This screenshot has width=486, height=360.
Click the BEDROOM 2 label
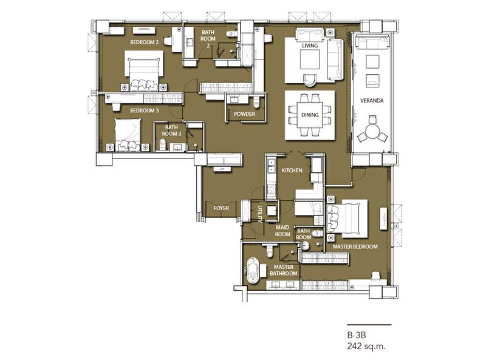click(145, 42)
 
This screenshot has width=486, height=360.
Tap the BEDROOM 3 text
click(145, 110)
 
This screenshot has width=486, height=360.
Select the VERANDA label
click(372, 100)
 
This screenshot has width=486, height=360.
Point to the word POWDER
click(245, 114)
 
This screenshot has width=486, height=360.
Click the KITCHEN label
click(292, 171)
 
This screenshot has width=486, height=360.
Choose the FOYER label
click(221, 208)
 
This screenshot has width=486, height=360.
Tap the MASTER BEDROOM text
click(355, 246)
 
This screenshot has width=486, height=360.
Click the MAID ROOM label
click(282, 231)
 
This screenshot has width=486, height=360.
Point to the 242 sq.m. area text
click(367, 346)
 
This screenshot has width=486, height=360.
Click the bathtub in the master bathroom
click(253, 271)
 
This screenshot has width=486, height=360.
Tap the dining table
click(310, 115)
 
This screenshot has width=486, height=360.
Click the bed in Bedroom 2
click(144, 70)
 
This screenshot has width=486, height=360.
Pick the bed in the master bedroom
click(347, 219)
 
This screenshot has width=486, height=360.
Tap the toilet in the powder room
click(256, 101)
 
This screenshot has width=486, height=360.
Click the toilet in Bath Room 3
click(162, 144)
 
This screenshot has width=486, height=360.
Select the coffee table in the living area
click(310, 59)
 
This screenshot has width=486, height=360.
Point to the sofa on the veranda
click(372, 42)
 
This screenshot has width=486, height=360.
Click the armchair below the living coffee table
click(310, 80)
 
